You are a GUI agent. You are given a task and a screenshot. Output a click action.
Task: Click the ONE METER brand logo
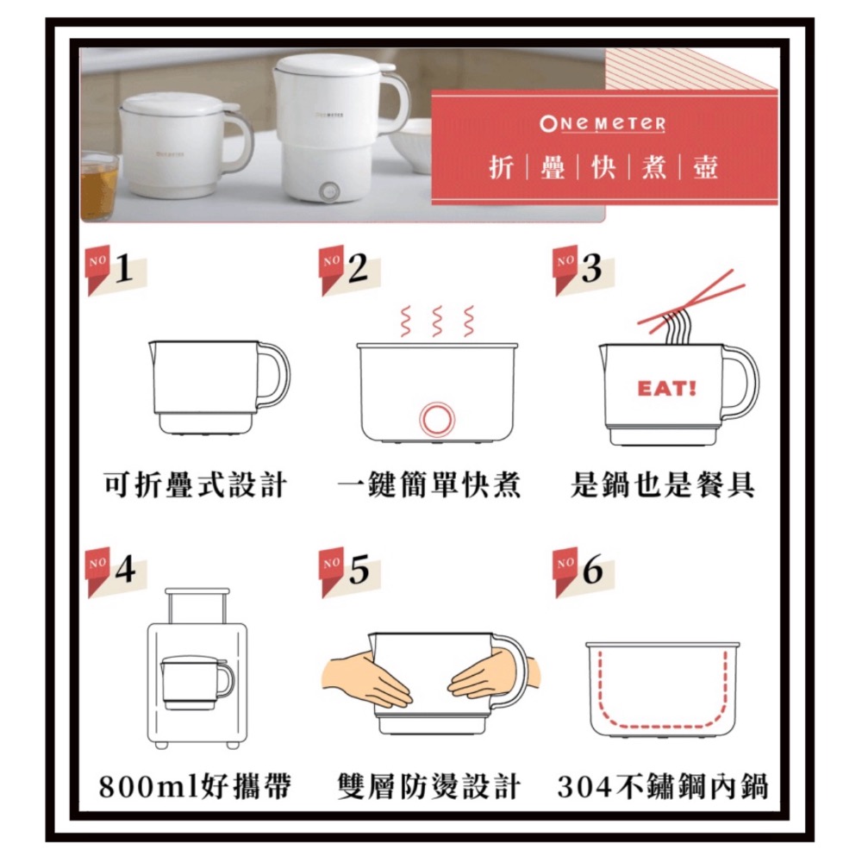(x=603, y=124)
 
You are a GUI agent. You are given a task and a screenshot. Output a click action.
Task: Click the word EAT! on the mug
(x=666, y=389)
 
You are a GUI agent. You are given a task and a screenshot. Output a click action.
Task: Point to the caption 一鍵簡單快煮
(x=429, y=485)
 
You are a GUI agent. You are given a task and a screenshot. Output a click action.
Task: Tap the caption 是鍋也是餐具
(x=663, y=485)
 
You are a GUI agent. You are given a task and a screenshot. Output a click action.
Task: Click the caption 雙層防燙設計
(x=429, y=785)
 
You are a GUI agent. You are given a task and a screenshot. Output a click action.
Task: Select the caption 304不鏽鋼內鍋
(x=663, y=785)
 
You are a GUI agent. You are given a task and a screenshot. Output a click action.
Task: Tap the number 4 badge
(x=117, y=570)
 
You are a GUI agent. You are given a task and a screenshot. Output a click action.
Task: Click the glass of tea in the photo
(x=98, y=185)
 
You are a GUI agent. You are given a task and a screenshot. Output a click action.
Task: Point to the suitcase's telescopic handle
(x=198, y=603)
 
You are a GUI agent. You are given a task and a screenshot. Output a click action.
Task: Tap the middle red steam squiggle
(x=437, y=321)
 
